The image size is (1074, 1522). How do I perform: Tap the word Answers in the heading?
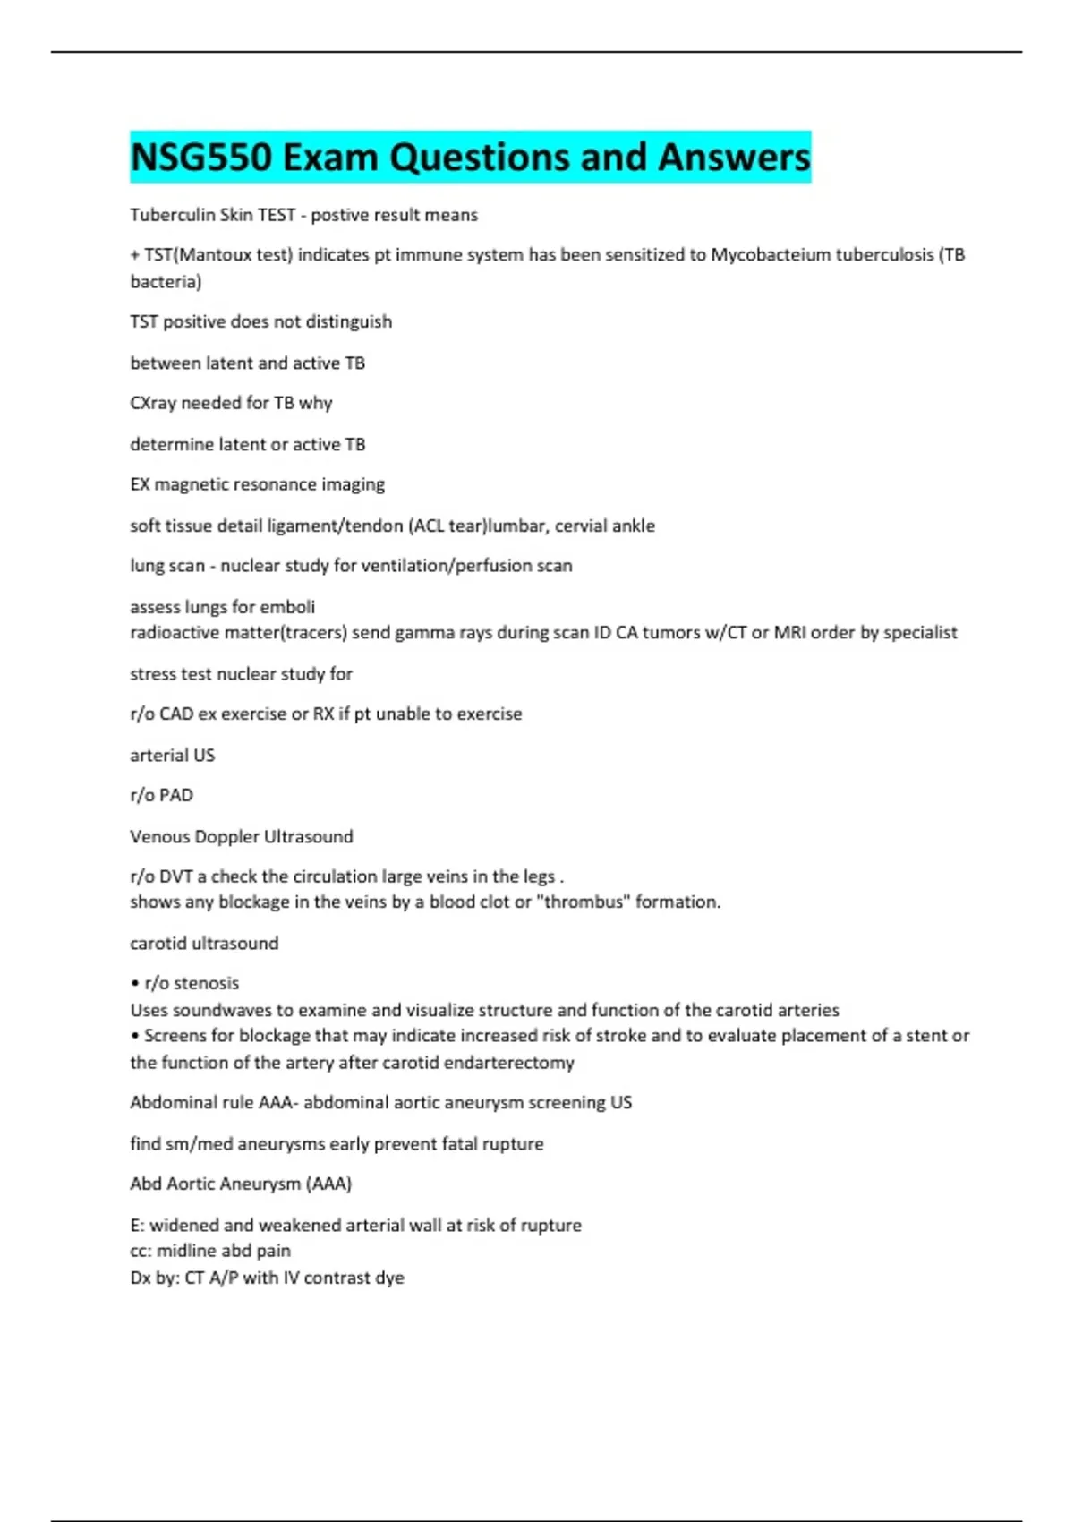pyautogui.click(x=734, y=158)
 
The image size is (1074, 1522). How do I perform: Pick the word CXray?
pyautogui.click(x=153, y=403)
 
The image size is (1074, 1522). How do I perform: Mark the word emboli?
pyautogui.click(x=287, y=607)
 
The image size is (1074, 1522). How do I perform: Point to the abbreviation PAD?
pyautogui.click(x=176, y=795)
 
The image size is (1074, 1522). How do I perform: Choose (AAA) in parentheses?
pyautogui.click(x=328, y=1184)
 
